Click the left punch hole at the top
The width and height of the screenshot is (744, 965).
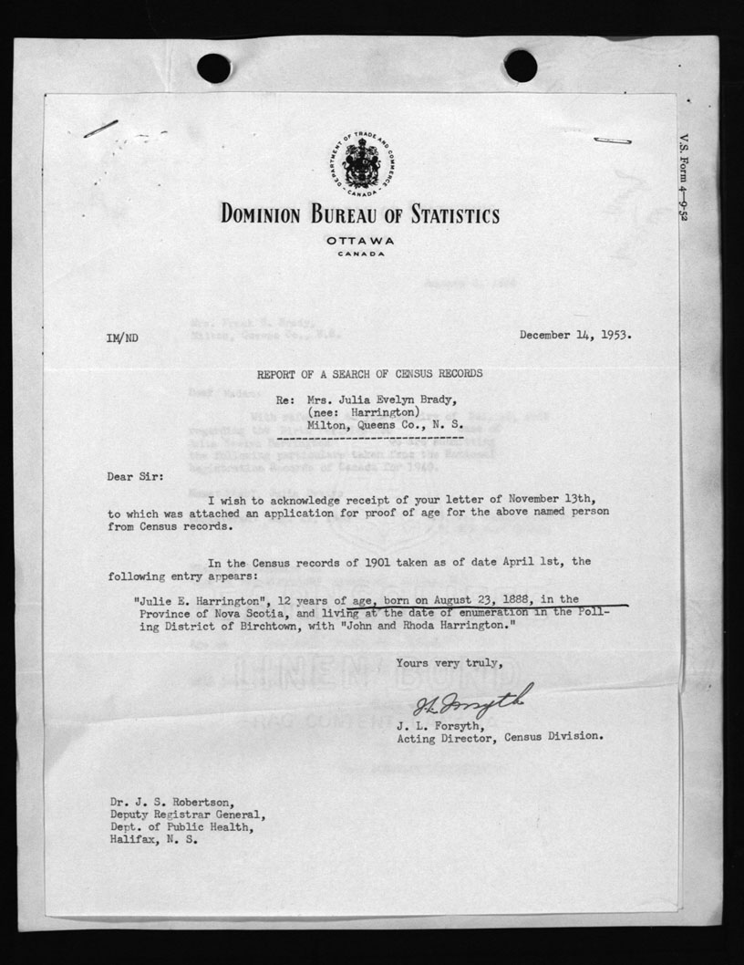coord(213,67)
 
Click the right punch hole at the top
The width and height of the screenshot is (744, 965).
coord(520,66)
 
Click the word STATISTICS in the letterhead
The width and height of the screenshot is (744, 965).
coord(449,215)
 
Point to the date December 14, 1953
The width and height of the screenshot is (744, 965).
coord(575,335)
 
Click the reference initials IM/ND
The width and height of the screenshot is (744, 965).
coord(122,337)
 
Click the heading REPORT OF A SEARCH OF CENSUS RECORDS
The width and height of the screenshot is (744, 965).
coord(369,373)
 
